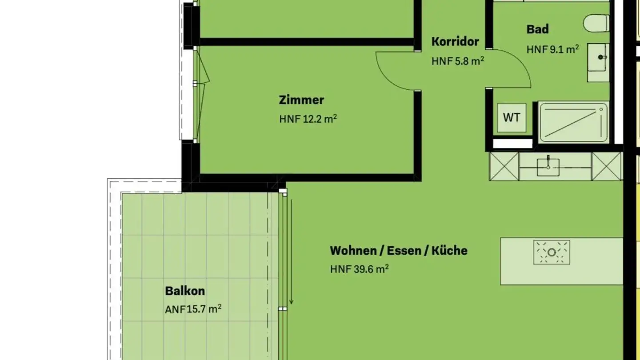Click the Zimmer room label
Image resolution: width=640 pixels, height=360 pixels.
pyautogui.click(x=301, y=100)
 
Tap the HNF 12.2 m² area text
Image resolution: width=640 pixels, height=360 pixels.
pyautogui.click(x=308, y=119)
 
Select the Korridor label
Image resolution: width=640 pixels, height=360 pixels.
pyautogui.click(x=455, y=42)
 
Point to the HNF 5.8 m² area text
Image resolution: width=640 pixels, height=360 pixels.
pyautogui.click(x=457, y=61)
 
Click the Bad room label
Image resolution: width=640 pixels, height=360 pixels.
pyautogui.click(x=537, y=29)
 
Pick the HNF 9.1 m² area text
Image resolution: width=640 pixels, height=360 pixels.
pyautogui.click(x=552, y=49)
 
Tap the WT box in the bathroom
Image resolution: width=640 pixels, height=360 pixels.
pyautogui.click(x=512, y=118)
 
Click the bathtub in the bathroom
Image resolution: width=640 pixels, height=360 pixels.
pyautogui.click(x=573, y=122)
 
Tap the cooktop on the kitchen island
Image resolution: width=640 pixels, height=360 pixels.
pyautogui.click(x=552, y=252)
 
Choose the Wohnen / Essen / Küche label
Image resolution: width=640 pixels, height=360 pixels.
pyautogui.click(x=398, y=251)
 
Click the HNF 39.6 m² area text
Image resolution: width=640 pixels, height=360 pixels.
pyautogui.click(x=359, y=269)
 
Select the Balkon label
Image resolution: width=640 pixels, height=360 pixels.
pyautogui.click(x=185, y=291)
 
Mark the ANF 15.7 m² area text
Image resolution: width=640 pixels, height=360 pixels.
pyautogui.click(x=193, y=309)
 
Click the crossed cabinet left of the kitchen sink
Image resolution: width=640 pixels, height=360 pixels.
pyautogui.click(x=504, y=166)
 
